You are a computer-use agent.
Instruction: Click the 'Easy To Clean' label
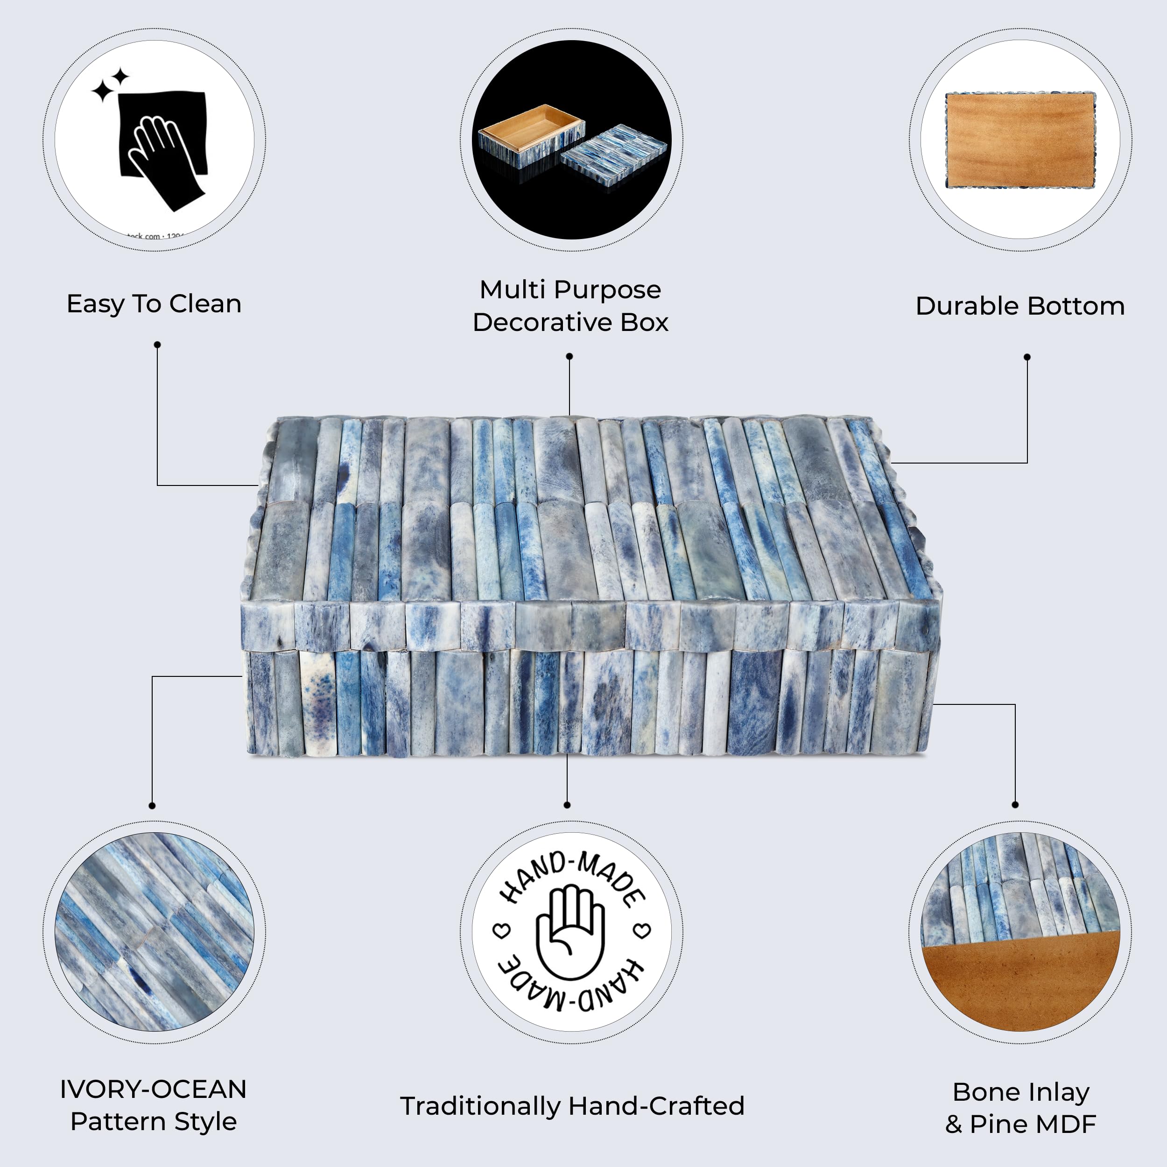pos(154,304)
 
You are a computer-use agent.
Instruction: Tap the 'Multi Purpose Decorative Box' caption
pos(570,306)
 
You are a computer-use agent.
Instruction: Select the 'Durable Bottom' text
pos(1019,306)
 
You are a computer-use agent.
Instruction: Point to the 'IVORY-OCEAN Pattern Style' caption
pos(154,1105)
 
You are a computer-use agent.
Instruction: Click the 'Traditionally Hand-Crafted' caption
pos(572,1106)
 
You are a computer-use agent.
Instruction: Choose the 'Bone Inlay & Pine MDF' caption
pos(1020,1108)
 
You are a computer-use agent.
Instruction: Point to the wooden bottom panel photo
pos(1020,139)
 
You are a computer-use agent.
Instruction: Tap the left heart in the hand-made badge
pos(502,931)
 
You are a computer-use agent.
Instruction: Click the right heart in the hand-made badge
pos(642,930)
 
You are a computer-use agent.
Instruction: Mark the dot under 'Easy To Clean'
pos(157,345)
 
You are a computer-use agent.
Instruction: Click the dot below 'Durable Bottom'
pos(1027,357)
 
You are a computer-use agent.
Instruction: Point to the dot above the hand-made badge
pos(567,805)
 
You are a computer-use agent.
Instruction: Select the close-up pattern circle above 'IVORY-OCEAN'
pos(154,932)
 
